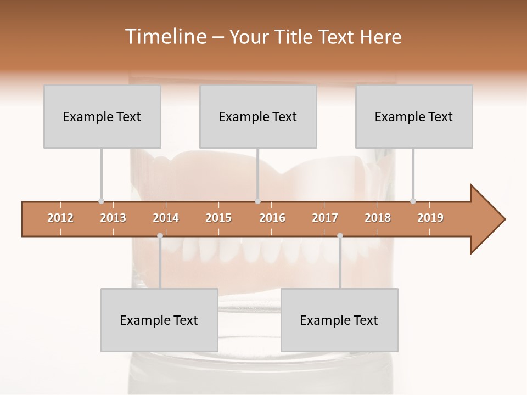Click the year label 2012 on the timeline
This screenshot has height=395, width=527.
tap(60, 218)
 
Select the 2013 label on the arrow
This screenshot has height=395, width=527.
tap(113, 218)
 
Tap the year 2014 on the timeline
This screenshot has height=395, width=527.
tap(166, 218)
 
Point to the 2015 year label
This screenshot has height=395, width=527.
tap(218, 218)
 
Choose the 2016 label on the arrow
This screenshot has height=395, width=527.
tap(272, 218)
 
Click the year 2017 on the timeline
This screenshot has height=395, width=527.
tap(325, 218)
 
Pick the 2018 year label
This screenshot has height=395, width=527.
tap(378, 218)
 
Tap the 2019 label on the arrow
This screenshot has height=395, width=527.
tap(430, 218)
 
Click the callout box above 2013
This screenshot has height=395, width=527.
tap(102, 116)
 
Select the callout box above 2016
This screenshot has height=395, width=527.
tap(258, 116)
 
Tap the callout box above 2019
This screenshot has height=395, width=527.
tap(414, 116)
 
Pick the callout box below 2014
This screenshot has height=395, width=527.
tap(159, 320)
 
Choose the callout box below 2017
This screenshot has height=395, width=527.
tap(339, 320)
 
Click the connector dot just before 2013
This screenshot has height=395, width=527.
tap(101, 201)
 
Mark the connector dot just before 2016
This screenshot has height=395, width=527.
tap(257, 201)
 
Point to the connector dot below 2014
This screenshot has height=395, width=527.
tap(160, 235)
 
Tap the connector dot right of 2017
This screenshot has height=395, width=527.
tap(340, 235)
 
